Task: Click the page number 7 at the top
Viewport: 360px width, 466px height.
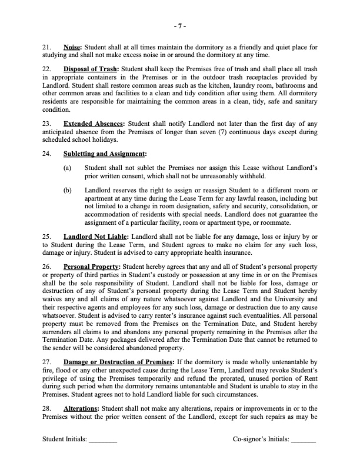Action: [180, 26]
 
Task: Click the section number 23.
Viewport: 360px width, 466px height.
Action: [48, 124]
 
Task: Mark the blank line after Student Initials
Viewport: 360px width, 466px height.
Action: [103, 440]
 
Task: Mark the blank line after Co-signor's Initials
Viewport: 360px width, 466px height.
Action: [304, 440]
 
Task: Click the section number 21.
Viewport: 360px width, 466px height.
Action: [48, 46]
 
